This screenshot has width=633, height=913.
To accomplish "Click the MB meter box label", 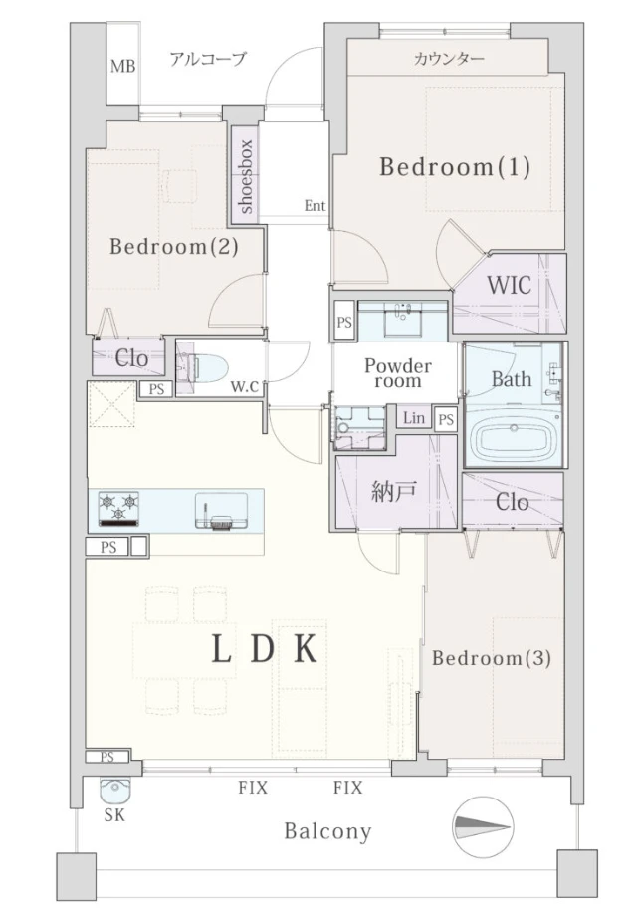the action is (122, 67).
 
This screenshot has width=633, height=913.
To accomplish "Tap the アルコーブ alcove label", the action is (208, 59).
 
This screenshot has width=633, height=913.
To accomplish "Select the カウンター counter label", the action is (449, 58).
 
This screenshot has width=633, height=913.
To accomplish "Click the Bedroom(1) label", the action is (455, 167).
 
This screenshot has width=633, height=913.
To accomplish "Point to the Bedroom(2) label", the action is (174, 247).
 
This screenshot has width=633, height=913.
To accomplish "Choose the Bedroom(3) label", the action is (492, 658).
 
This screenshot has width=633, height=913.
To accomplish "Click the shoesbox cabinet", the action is (245, 174).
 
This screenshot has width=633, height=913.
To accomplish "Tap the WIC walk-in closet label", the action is (509, 286).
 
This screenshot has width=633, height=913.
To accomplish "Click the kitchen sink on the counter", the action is (221, 510).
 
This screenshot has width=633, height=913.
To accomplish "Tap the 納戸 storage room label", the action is (393, 492).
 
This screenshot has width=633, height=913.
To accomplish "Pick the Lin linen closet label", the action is (414, 417).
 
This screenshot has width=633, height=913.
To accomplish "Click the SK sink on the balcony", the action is (114, 791).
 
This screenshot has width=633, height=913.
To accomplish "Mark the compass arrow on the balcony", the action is (483, 826).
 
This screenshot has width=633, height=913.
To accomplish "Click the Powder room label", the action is (398, 373).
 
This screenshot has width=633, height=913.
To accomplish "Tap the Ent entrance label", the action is (315, 205).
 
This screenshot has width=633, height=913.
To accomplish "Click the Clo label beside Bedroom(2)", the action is (131, 358).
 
